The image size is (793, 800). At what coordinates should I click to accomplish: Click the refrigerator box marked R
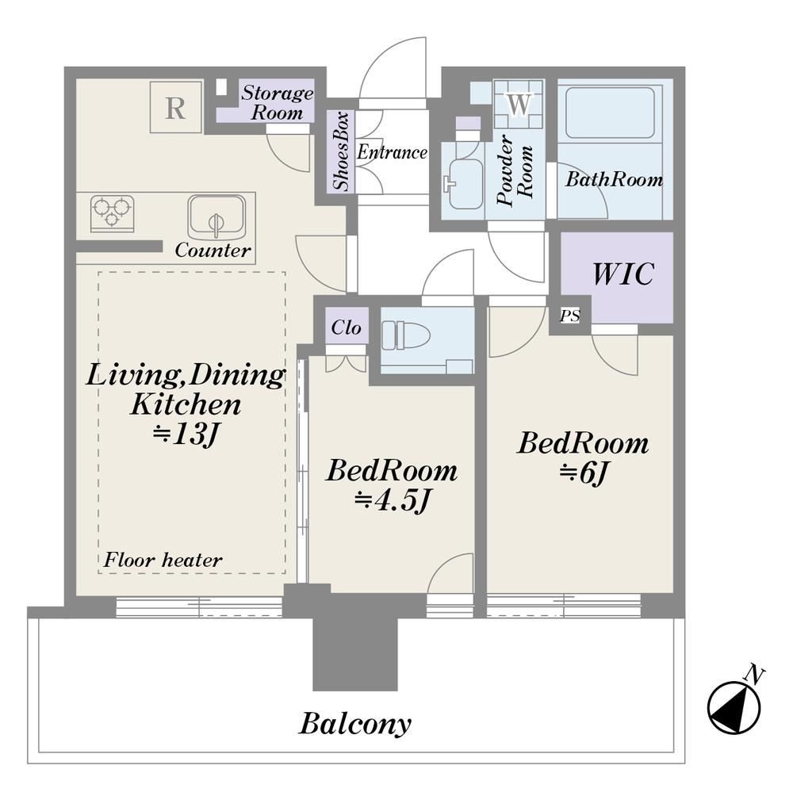175,107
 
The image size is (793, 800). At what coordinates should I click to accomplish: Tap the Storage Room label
277,102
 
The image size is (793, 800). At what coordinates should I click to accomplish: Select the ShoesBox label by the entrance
341,151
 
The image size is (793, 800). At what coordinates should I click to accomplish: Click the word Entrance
392,152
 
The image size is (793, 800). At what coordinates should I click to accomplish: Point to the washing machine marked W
519,104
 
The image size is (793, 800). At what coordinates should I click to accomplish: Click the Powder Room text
515,170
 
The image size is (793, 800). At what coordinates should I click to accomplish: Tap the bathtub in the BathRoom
611,113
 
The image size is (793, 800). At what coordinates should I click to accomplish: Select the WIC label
623,274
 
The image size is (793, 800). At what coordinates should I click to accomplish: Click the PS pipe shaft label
569,316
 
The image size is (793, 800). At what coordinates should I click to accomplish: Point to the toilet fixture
406,335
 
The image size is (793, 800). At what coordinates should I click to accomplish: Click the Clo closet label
347,327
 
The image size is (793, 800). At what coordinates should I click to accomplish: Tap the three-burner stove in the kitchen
113,212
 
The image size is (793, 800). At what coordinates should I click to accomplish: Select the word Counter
213,251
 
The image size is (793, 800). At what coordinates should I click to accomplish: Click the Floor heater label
163,561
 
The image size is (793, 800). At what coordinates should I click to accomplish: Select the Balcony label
355,724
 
